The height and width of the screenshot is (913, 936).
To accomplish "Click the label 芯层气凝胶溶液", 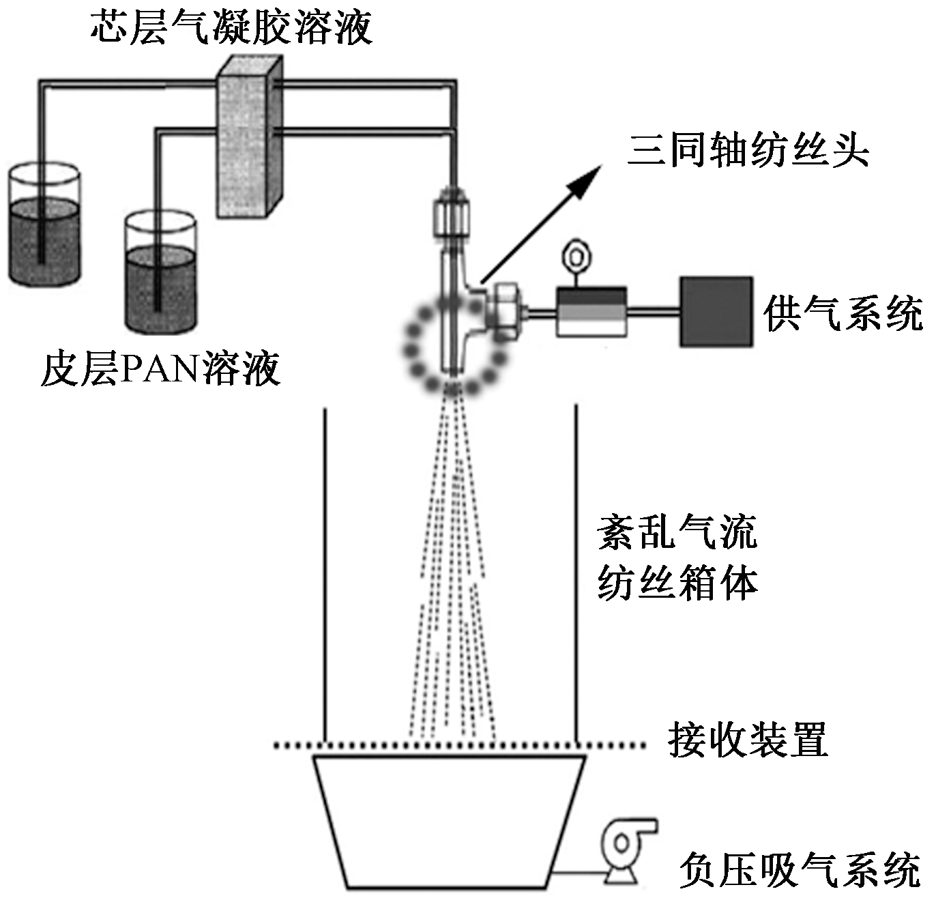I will tap(232, 27).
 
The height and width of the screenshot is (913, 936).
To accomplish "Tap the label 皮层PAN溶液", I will tap(160, 369).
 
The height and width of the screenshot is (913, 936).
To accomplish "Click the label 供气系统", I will tap(843, 313).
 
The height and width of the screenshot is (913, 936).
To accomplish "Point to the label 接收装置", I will tap(748, 740).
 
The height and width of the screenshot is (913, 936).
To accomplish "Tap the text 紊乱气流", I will tap(677, 532).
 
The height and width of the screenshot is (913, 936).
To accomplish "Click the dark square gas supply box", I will tap(716, 312).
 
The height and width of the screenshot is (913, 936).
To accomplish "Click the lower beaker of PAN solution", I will tap(160, 273).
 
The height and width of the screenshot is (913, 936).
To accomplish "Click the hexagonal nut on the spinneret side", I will tap(505, 312).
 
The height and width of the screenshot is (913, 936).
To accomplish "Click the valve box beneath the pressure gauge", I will tap(591, 311).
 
